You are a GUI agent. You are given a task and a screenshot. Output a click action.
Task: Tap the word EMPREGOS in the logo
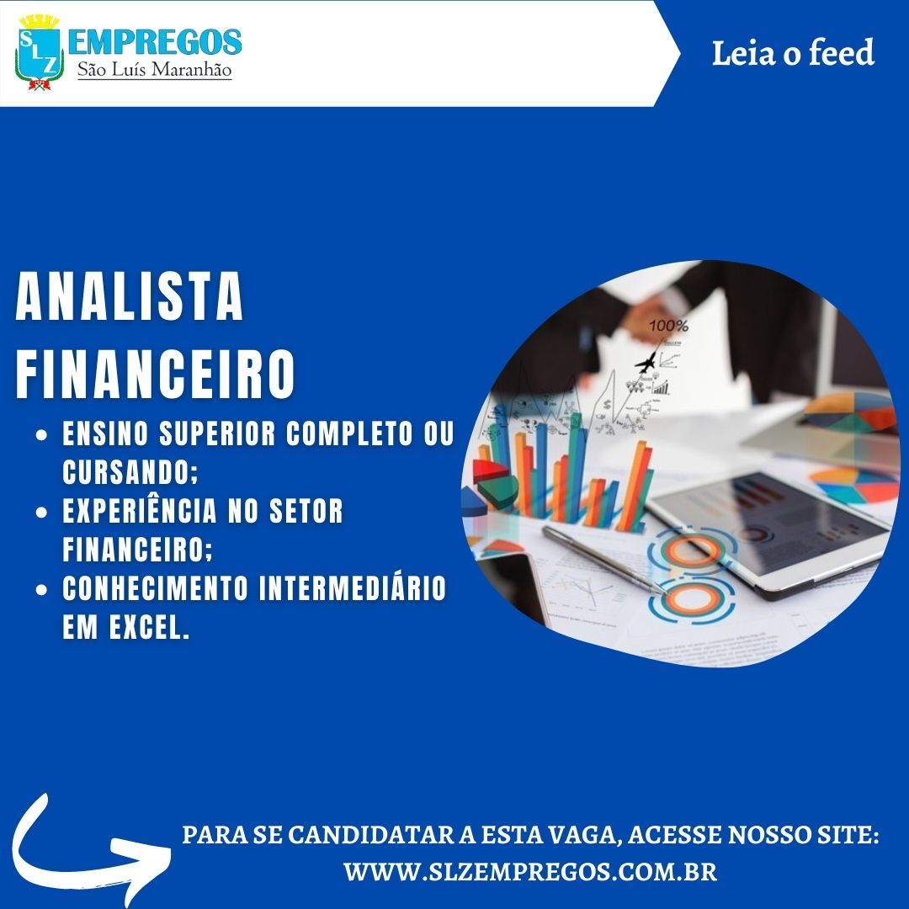click(x=155, y=43)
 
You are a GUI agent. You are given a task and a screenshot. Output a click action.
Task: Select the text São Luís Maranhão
click(x=155, y=70)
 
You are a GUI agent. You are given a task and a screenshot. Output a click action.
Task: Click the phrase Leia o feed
click(x=793, y=53)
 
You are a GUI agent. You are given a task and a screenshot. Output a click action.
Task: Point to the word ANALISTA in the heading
click(x=129, y=296)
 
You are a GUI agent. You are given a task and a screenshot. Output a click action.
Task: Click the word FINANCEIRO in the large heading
click(x=155, y=374)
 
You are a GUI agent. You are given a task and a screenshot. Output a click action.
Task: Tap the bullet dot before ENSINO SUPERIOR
click(x=41, y=435)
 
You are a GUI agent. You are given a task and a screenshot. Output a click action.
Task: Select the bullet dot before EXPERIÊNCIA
click(x=41, y=513)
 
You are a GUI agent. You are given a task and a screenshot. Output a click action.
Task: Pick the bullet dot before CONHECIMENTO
click(x=41, y=589)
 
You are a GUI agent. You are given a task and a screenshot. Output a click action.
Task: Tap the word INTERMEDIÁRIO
click(x=352, y=587)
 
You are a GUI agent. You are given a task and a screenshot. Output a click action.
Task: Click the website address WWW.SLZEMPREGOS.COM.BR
click(x=530, y=871)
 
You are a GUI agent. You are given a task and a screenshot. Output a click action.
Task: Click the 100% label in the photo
click(x=668, y=327)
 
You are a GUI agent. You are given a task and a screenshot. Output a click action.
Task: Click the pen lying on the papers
click(x=603, y=560)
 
